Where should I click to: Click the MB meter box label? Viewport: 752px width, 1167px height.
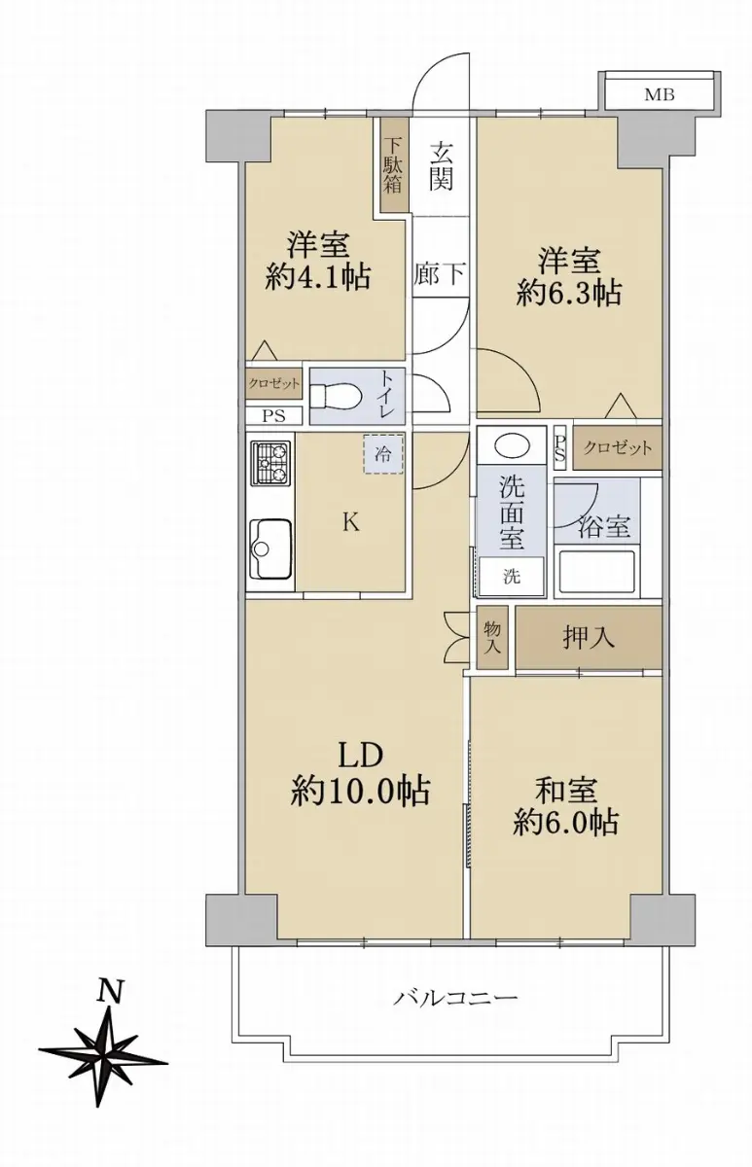tap(660, 95)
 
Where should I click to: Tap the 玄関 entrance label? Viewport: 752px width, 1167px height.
tap(441, 165)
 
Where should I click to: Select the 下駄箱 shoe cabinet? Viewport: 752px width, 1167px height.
tap(393, 165)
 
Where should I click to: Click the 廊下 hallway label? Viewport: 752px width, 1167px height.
tap(440, 273)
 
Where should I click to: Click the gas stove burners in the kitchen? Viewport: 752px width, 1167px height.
tap(270, 463)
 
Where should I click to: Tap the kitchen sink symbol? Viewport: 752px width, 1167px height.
tap(270, 548)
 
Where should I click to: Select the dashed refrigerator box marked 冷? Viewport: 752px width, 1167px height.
tap(383, 454)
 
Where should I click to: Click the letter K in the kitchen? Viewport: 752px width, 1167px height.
tap(351, 522)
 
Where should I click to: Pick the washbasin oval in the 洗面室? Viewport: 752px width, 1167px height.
tap(512, 446)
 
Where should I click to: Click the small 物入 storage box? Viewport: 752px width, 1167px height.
tap(492, 637)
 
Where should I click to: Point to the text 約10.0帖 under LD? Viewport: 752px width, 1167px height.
tap(360, 793)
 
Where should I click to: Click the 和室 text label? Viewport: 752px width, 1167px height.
tap(566, 790)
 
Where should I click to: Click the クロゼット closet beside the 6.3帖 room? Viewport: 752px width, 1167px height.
tap(618, 447)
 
